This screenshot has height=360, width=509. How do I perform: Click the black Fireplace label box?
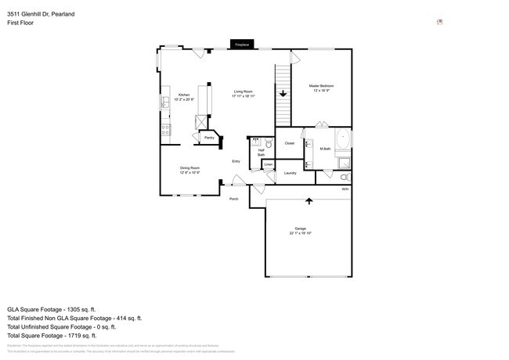[x=241, y=45]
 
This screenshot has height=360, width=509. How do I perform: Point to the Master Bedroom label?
[x=321, y=87]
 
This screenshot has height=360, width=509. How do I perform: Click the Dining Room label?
[x=190, y=170]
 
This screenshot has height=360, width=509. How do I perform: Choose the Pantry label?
[x=209, y=138]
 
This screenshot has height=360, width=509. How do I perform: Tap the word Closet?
[x=289, y=143]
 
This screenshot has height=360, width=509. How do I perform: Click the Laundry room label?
[x=290, y=172]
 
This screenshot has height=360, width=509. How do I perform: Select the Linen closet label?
[x=268, y=164]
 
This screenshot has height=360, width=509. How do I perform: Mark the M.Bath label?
[x=325, y=149]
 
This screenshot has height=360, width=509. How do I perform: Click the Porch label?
[x=233, y=199]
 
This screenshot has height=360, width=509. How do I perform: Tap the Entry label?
[x=236, y=161]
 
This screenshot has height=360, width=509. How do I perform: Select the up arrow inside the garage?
[x=309, y=200]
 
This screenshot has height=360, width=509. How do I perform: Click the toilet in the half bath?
[x=269, y=144]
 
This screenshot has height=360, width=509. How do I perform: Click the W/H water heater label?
[x=345, y=189]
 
